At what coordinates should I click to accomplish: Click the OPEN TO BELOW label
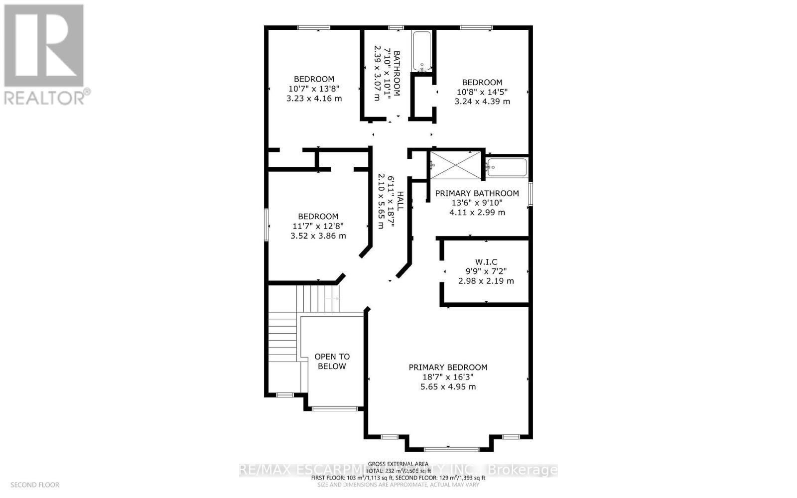(332, 362)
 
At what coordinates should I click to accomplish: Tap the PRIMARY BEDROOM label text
(448, 368)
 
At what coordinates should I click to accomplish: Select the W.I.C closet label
(486, 262)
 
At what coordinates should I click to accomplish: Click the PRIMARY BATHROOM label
(477, 193)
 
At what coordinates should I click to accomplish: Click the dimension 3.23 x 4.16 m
(314, 99)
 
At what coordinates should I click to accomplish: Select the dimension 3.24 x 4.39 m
(482, 101)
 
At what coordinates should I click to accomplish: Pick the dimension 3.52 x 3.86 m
(318, 236)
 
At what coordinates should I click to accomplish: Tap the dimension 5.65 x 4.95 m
(448, 386)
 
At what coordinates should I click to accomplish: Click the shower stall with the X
(456, 165)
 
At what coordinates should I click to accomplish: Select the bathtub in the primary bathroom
(507, 167)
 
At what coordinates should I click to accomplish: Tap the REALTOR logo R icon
(44, 46)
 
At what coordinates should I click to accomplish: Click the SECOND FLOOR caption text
(35, 485)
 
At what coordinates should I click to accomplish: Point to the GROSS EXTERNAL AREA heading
(398, 464)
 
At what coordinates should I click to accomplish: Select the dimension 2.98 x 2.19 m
(486, 281)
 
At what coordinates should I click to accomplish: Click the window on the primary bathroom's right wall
(531, 194)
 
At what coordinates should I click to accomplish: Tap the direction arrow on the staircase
(333, 298)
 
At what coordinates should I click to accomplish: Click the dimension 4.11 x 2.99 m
(477, 212)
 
